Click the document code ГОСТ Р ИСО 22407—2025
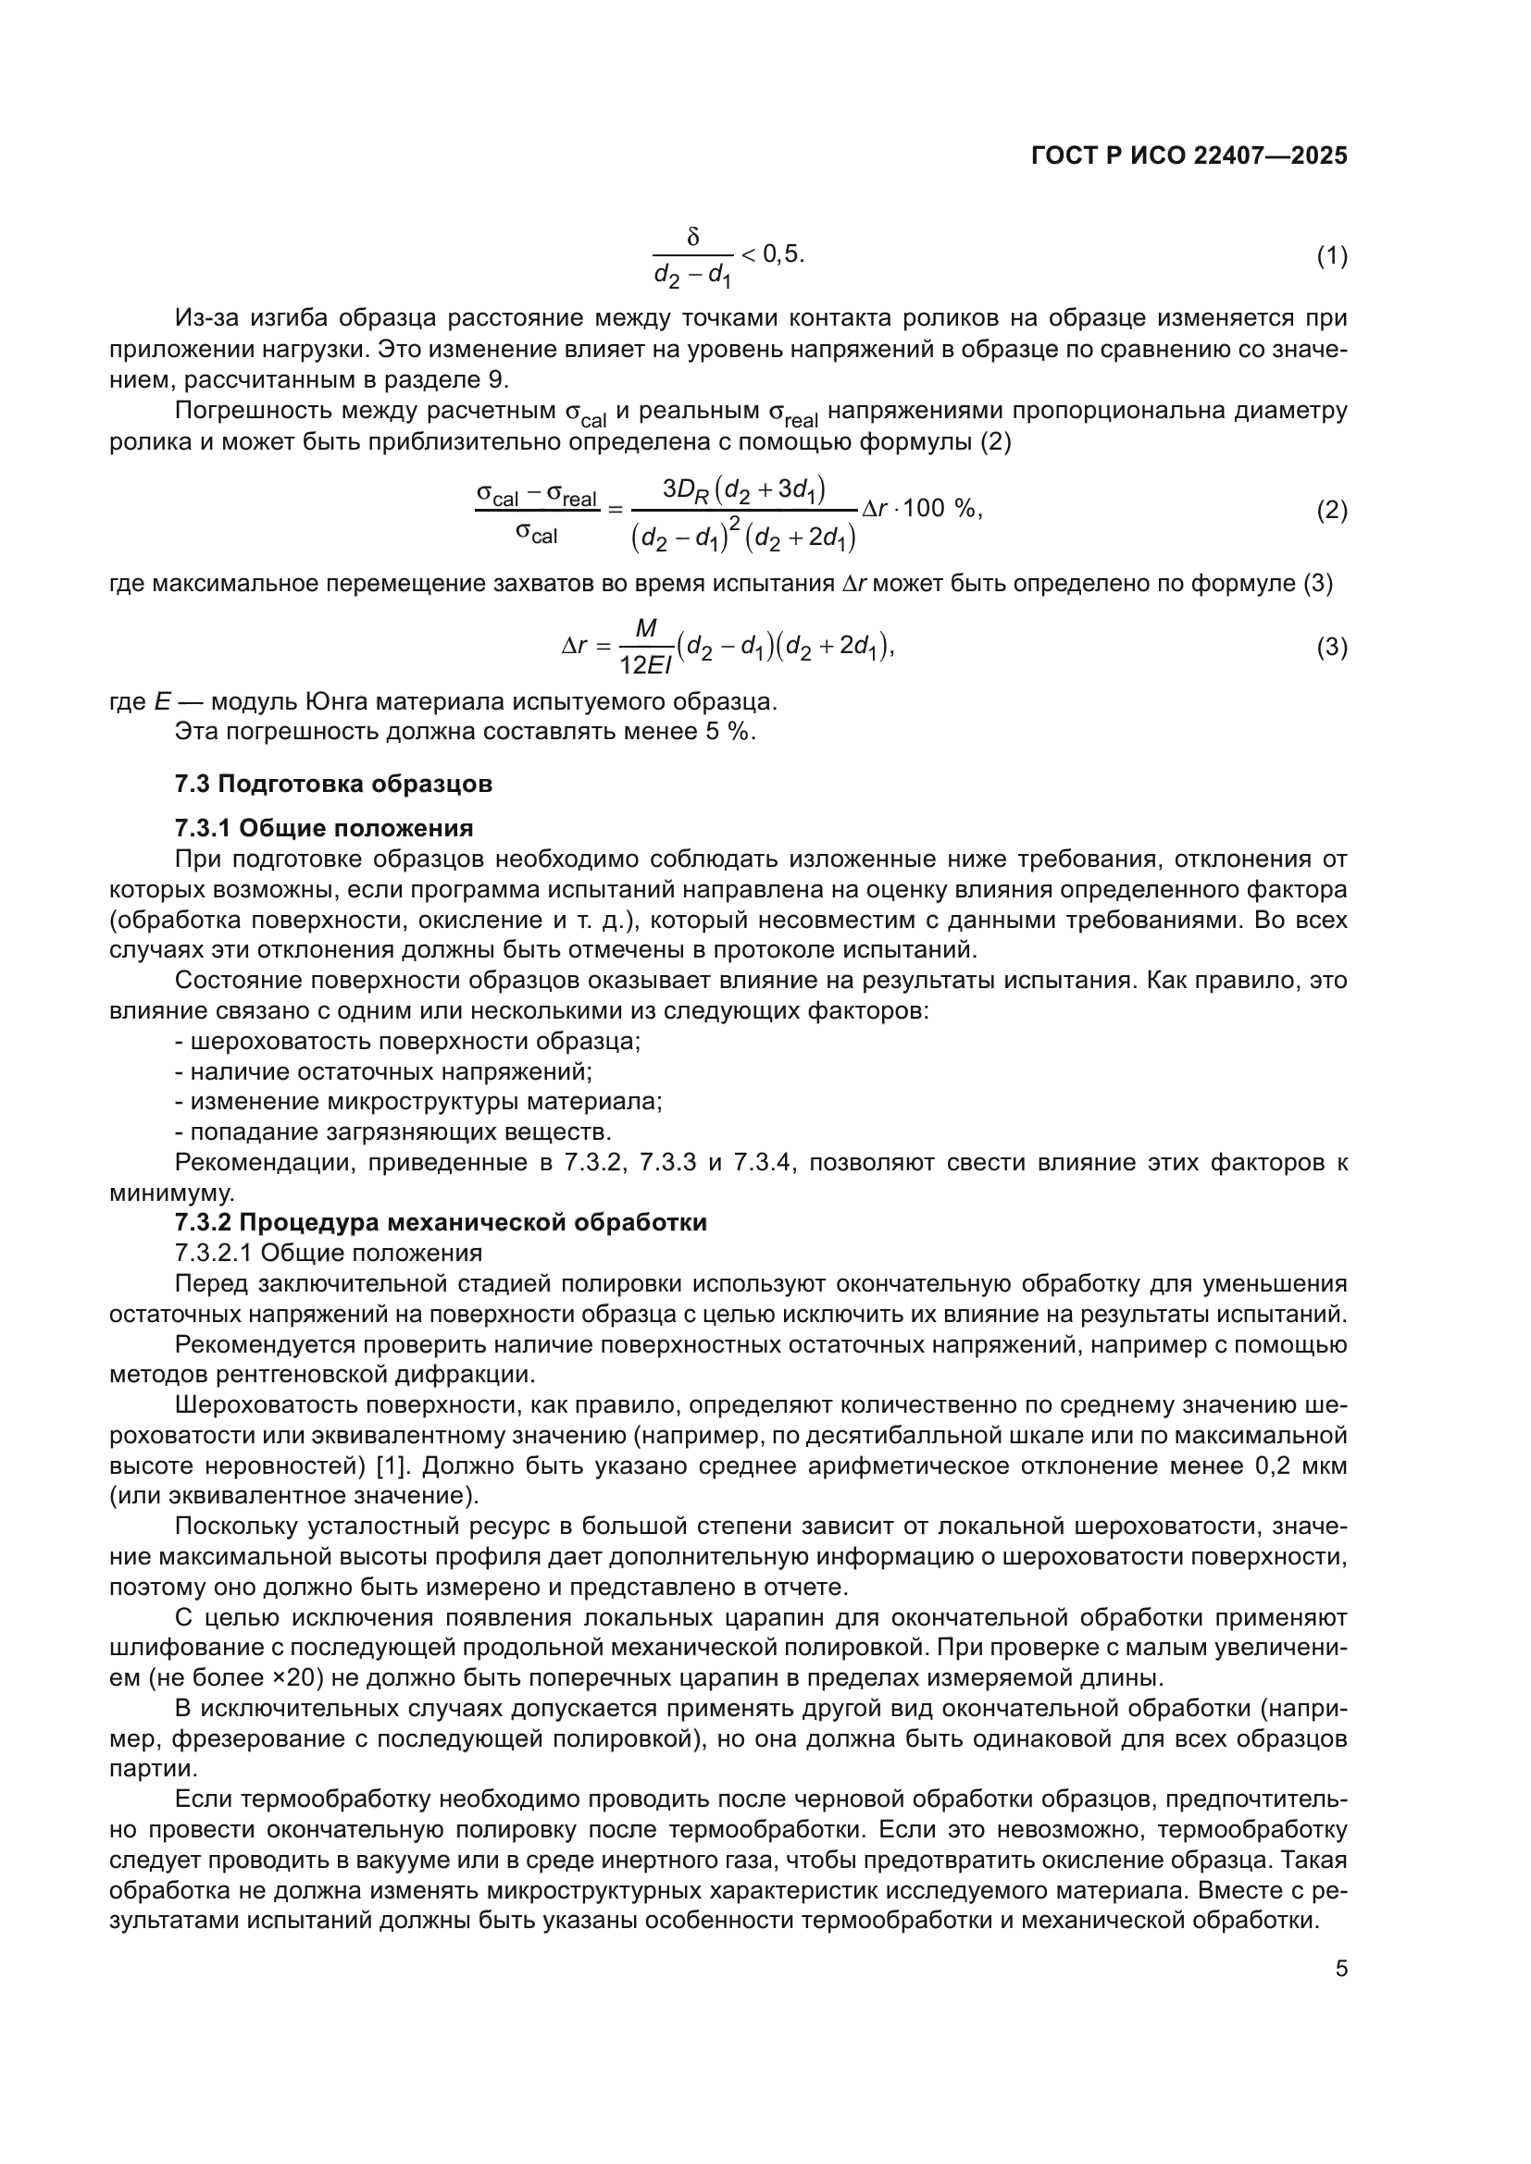point(1189,155)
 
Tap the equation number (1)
point(1331,255)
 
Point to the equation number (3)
point(1331,648)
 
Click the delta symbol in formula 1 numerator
point(693,238)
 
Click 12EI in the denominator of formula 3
point(646,665)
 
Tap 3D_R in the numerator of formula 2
point(684,489)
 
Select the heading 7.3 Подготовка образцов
point(333,784)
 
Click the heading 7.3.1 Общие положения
point(323,827)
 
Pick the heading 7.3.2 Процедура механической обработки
point(441,1222)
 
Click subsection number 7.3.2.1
point(214,1254)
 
